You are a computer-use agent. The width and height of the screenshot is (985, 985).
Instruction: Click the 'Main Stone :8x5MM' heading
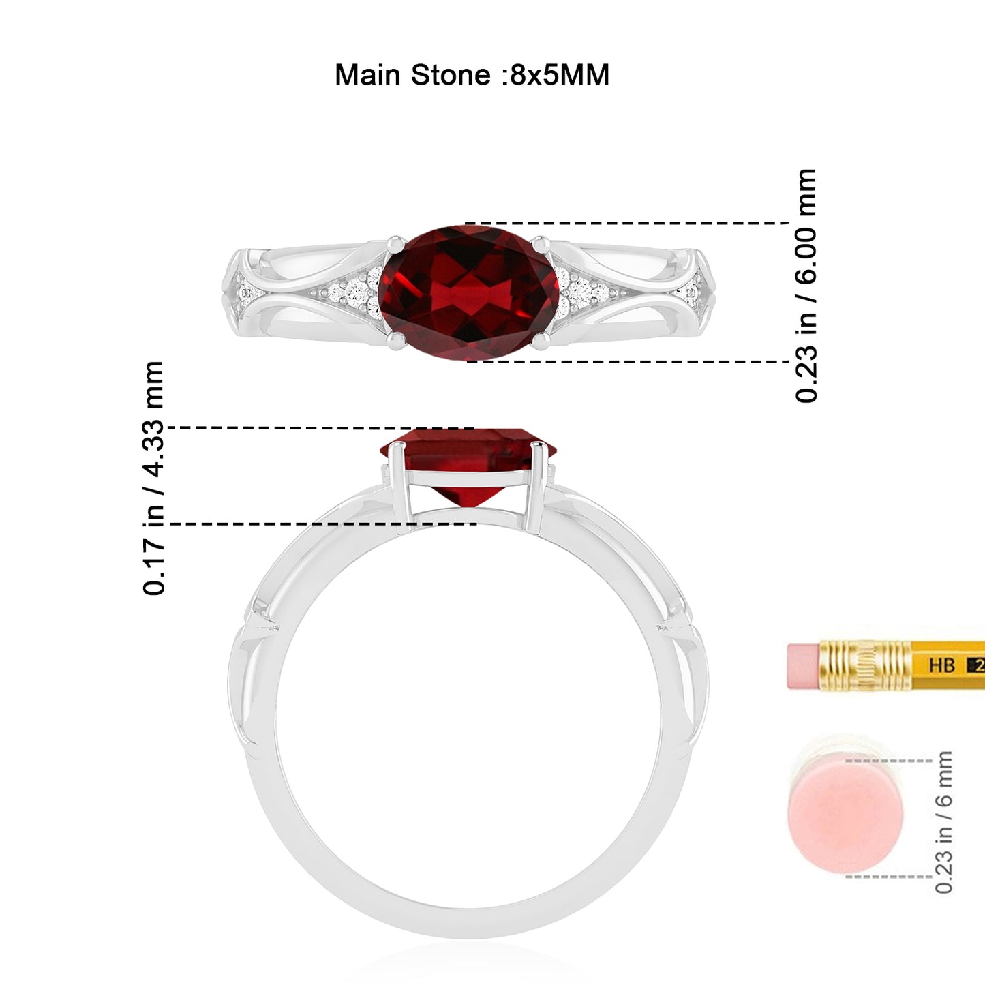pyautogui.click(x=472, y=75)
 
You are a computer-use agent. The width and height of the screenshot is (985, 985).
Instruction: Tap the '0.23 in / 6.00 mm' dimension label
pyautogui.click(x=806, y=286)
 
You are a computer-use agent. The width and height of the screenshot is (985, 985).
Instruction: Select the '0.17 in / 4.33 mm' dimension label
pyautogui.click(x=153, y=478)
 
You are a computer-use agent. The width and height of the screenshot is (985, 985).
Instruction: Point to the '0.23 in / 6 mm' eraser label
pyautogui.click(x=943, y=822)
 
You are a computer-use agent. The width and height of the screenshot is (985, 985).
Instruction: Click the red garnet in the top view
pyautogui.click(x=469, y=293)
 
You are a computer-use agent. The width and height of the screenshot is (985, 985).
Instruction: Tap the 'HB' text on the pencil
pyautogui.click(x=941, y=665)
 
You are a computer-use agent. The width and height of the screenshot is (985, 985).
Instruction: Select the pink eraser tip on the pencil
pyautogui.click(x=804, y=667)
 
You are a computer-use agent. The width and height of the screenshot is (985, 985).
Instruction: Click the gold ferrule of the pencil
pyautogui.click(x=864, y=665)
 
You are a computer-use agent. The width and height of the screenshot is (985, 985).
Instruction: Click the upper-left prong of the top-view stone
pyautogui.click(x=395, y=244)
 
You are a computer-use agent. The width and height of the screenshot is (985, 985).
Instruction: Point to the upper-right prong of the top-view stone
pyautogui.click(x=541, y=244)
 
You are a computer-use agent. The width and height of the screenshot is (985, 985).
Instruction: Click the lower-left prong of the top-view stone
pyautogui.click(x=396, y=342)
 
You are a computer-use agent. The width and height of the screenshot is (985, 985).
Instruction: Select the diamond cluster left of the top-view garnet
pyautogui.click(x=352, y=292)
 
